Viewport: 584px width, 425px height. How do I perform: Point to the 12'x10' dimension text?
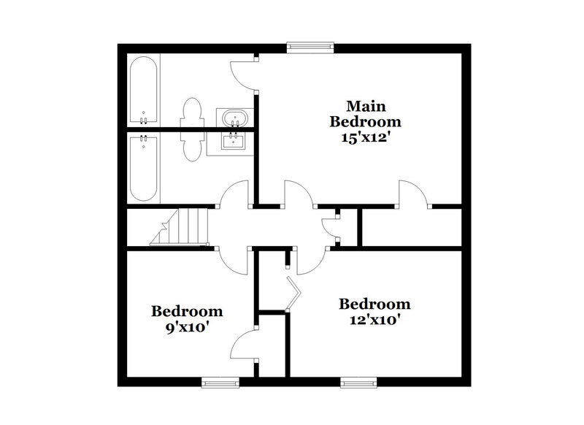pos(373,319)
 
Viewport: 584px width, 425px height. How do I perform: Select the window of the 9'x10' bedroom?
pos(220,380)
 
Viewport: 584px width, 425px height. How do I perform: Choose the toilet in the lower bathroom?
pos(193,145)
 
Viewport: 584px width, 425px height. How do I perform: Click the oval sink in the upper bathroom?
pos(234,117)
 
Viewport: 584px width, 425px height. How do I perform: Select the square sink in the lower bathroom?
pos(234,140)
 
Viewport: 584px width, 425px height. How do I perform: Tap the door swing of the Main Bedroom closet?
pos(412,193)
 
